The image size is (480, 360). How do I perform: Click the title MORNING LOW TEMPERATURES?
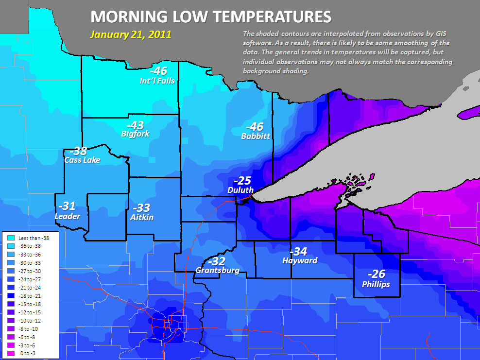click(x=211, y=17)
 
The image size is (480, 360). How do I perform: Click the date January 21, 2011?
click(x=130, y=35)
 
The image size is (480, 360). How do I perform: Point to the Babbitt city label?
click(x=255, y=136)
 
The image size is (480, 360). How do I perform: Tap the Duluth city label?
click(x=240, y=190)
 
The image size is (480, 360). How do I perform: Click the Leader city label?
click(x=68, y=216)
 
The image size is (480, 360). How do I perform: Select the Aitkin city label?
click(x=142, y=217)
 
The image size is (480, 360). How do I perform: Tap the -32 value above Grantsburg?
click(x=216, y=260)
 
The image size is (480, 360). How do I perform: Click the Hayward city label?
click(x=299, y=260)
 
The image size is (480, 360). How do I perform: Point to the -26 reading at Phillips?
click(x=376, y=274)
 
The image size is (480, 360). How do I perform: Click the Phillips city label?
click(x=376, y=284)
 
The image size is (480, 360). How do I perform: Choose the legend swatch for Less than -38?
click(x=10, y=238)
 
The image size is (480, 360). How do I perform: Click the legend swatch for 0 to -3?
click(x=10, y=353)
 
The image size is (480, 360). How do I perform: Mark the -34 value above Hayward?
click(x=298, y=251)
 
